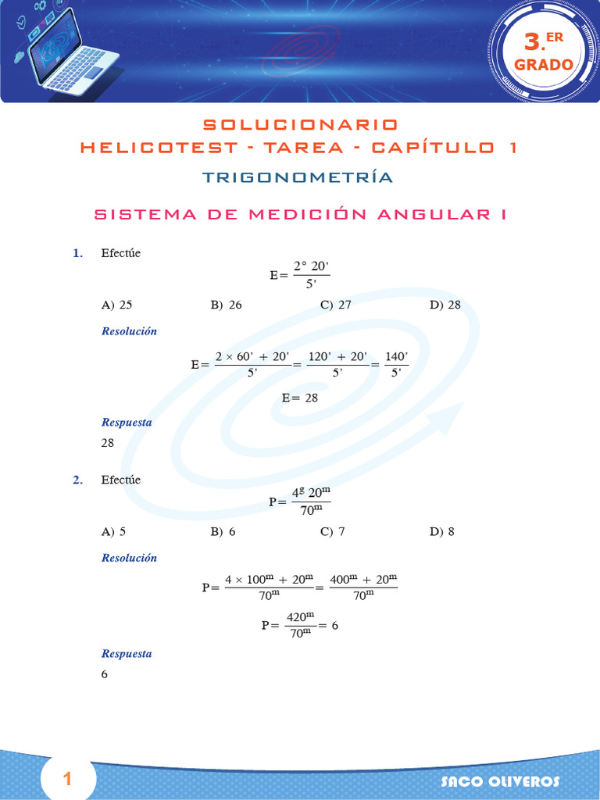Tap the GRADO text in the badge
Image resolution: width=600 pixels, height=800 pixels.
point(544,65)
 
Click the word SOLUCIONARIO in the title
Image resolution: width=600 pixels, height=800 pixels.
point(300,125)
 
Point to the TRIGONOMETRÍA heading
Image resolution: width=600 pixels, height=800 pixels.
point(298,177)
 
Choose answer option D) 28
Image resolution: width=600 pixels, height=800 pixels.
point(445,305)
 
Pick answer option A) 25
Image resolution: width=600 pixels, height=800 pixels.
point(117,305)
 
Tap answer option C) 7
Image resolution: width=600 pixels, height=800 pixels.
point(333,532)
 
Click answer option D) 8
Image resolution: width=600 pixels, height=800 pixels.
point(442,532)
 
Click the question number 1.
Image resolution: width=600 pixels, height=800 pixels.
point(78,253)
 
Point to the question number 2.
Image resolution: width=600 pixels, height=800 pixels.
point(78,480)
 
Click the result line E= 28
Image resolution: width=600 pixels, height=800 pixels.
point(300,398)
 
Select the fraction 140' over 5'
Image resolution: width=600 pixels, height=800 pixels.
point(396,365)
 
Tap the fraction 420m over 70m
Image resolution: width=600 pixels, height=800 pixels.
point(299,625)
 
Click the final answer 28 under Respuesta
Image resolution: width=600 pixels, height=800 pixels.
point(108,443)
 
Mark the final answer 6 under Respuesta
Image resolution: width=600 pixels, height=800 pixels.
point(105,674)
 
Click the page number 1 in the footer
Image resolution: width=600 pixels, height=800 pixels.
point(67,779)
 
